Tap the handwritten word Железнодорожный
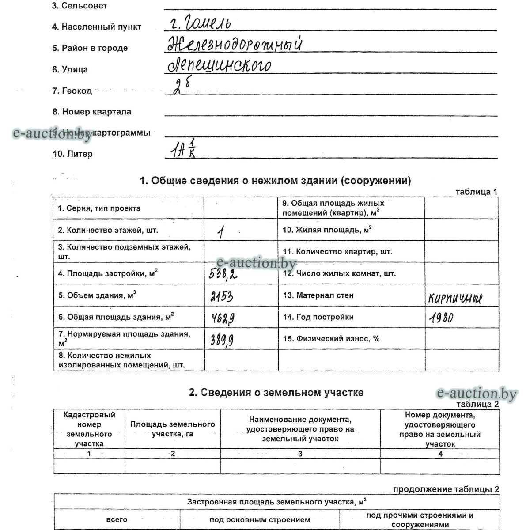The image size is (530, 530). click(x=235, y=45)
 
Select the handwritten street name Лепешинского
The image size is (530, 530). click(x=219, y=65)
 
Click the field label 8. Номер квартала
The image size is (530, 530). click(x=92, y=112)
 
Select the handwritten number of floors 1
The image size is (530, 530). click(x=220, y=232)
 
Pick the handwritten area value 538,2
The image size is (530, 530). click(x=223, y=275)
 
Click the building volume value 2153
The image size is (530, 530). click(x=222, y=296)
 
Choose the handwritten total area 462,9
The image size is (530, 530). click(x=222, y=318)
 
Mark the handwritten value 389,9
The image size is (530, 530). click(x=222, y=339)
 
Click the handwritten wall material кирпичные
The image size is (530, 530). click(x=455, y=299)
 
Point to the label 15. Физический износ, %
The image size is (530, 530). click(x=331, y=339)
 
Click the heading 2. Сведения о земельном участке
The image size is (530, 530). click(x=276, y=392)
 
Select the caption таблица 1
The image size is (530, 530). click(x=476, y=192)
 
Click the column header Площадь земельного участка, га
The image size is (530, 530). click(x=173, y=429)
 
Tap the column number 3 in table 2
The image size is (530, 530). click(x=300, y=454)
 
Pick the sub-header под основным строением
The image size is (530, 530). click(x=260, y=520)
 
